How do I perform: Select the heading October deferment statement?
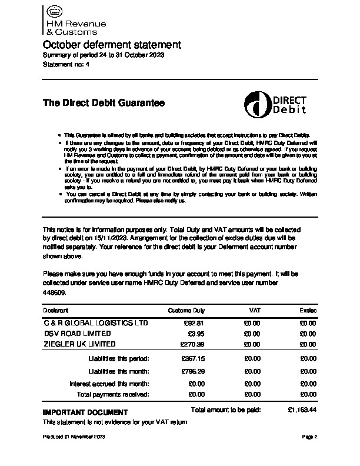(x=112, y=45)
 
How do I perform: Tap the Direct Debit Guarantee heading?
(x=104, y=103)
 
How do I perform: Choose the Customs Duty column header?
(x=186, y=310)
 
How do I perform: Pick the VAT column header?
(x=255, y=310)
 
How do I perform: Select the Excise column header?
(x=308, y=310)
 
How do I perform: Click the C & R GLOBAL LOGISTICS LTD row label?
(x=96, y=323)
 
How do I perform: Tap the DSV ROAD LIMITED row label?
(x=77, y=334)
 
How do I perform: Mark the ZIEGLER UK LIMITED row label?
(x=80, y=344)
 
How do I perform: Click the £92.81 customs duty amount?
(x=194, y=323)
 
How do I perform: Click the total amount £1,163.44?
(x=302, y=409)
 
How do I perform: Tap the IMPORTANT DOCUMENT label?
(x=85, y=412)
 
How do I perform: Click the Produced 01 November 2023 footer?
(x=74, y=437)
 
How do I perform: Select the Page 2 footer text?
(x=309, y=437)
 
